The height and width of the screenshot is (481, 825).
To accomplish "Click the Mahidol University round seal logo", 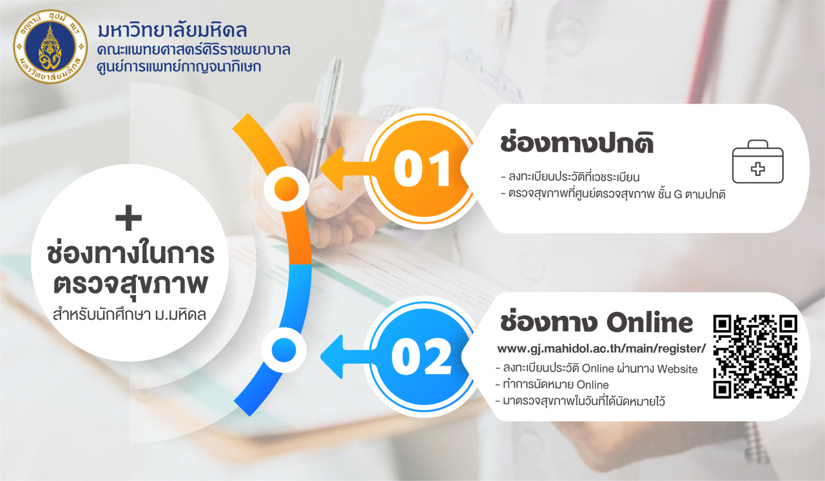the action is click(50, 47).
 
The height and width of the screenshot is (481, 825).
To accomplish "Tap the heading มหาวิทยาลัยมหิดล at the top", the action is click(172, 30).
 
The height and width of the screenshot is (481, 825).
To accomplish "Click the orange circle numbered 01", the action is click(423, 169).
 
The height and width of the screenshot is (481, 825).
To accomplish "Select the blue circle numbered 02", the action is click(423, 357).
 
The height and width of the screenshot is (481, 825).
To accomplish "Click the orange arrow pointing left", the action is click(348, 169).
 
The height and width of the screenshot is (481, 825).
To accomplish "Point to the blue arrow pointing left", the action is click(348, 357).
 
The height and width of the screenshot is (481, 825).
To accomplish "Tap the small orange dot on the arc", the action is click(286, 189).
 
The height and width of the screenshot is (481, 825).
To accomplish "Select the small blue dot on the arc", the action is click(284, 350).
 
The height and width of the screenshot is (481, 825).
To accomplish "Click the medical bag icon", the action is click(757, 161).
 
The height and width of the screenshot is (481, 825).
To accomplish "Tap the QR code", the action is click(755, 357).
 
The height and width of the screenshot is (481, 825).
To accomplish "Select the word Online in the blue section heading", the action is click(650, 322).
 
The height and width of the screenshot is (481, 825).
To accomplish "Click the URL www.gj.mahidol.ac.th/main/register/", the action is click(601, 348).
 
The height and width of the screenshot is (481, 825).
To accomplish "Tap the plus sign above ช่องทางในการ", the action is click(128, 218).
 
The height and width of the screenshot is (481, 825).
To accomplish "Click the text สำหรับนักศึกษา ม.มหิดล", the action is click(129, 315).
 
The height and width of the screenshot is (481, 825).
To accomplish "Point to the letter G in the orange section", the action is click(678, 194).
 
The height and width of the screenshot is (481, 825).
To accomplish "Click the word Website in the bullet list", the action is click(677, 369).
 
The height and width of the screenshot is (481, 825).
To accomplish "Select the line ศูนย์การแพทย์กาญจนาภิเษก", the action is click(179, 66).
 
